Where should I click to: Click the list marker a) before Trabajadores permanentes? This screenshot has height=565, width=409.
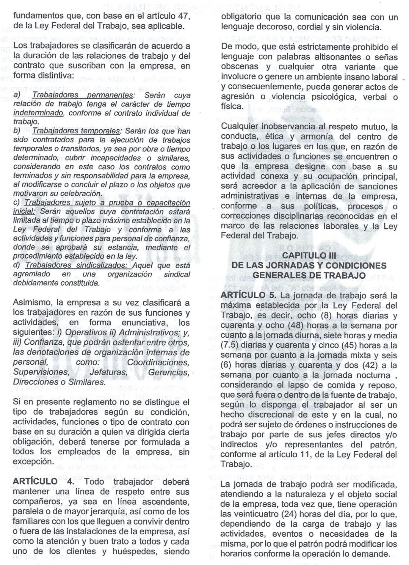(17, 95)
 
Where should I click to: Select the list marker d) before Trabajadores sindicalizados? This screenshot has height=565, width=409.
(17, 265)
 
